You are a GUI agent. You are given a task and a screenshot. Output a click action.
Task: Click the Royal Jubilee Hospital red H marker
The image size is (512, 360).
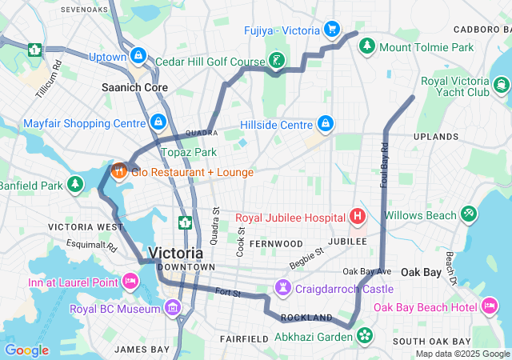(x=358, y=217)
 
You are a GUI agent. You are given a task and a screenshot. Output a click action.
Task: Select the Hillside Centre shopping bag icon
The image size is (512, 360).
(x=325, y=124)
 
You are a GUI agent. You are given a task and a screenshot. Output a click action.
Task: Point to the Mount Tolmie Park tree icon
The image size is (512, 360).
(x=367, y=46)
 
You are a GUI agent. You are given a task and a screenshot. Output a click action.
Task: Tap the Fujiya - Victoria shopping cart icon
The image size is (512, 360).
(x=331, y=30)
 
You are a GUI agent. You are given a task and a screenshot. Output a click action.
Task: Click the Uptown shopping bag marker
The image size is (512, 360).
(x=139, y=56)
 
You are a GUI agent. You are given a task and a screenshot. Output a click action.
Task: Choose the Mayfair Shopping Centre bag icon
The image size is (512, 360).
(x=158, y=122)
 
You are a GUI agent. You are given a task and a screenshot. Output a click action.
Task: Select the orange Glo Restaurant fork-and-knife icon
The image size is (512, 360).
(x=119, y=170)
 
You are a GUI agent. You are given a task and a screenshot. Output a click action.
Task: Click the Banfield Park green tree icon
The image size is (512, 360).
(x=75, y=185)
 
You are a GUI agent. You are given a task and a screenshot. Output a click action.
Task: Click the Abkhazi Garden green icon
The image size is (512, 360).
(x=366, y=335)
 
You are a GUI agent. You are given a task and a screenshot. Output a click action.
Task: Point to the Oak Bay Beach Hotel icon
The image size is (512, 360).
(x=490, y=306)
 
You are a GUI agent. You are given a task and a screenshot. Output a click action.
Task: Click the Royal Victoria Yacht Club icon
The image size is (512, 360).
(x=502, y=86)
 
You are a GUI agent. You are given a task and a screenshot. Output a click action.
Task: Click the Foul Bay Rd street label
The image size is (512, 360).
(x=385, y=161)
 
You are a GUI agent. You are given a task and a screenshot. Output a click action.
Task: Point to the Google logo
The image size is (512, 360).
(x=26, y=350)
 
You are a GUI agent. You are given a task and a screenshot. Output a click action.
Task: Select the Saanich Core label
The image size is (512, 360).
(x=134, y=87)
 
